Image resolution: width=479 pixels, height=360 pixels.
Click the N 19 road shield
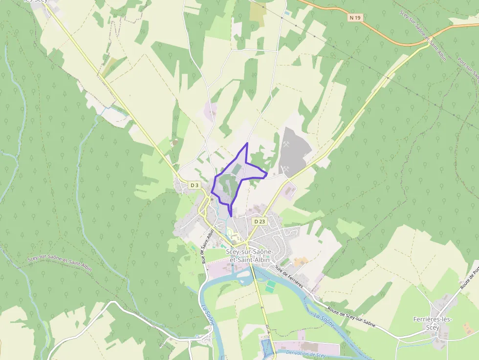355,18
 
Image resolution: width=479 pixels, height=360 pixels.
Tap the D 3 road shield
195,185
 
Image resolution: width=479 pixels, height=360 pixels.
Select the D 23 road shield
259,221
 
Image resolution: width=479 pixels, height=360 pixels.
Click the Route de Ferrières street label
289,276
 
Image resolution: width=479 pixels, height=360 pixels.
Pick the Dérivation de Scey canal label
305,354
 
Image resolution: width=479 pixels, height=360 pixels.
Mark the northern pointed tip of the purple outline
247,143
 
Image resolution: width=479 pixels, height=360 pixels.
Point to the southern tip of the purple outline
231,215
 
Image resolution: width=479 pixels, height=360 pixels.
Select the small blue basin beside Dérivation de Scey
266,347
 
